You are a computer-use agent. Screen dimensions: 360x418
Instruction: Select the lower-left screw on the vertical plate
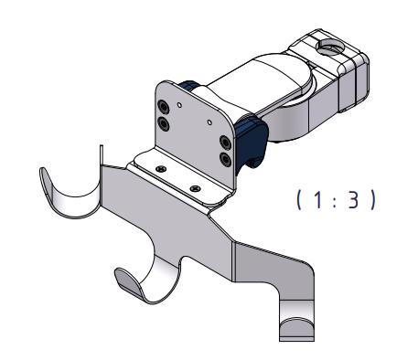click(162, 122)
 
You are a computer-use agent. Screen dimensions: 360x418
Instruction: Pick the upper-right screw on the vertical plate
click(224, 143)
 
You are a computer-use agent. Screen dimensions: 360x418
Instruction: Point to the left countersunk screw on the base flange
click(161, 168)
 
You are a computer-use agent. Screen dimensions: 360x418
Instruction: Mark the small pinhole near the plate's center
click(209, 120)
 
